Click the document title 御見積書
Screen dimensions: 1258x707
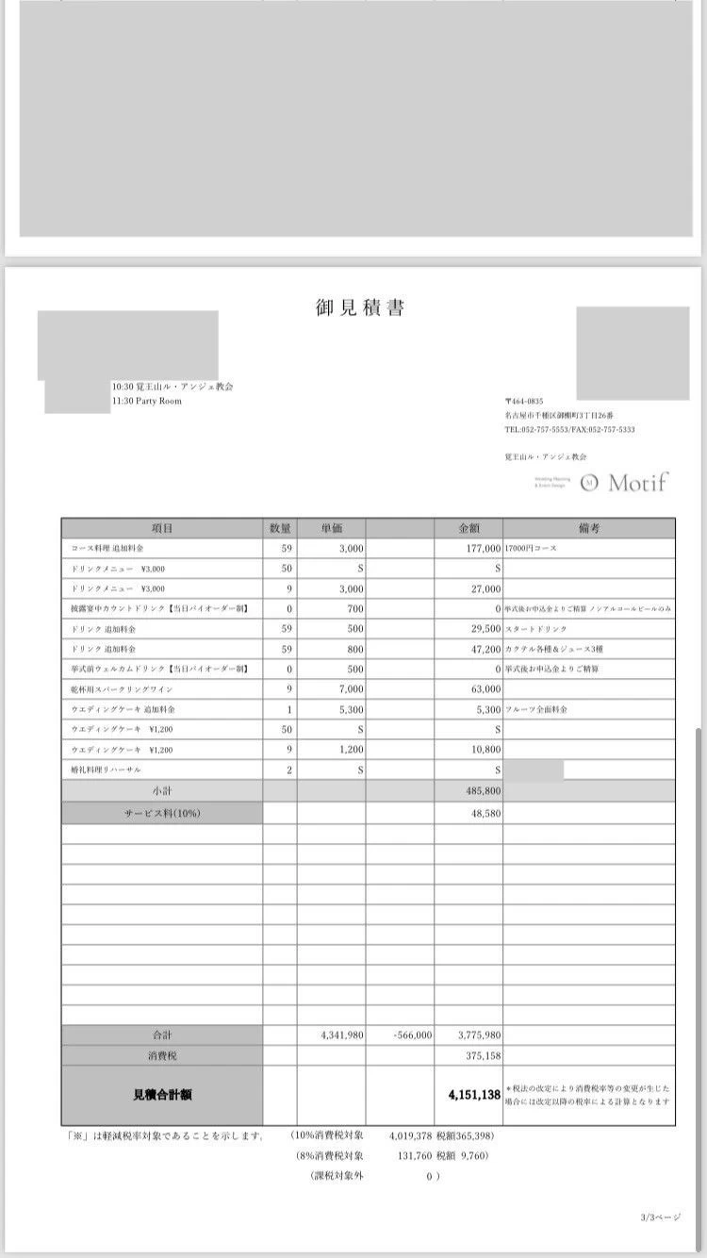click(360, 308)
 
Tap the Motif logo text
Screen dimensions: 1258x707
click(638, 483)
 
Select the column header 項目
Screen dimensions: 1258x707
click(162, 528)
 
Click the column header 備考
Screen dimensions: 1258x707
click(589, 528)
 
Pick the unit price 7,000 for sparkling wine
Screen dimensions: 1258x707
click(349, 687)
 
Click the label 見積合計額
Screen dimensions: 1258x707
click(162, 1095)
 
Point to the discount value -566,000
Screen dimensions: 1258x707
click(412, 1035)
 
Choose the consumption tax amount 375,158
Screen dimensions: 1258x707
click(482, 1055)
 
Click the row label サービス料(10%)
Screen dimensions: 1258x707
click(162, 812)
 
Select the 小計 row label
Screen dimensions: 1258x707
click(162, 790)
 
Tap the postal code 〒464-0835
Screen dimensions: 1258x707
click(524, 401)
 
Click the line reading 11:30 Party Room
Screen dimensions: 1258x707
click(147, 401)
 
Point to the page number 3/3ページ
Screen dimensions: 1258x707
click(659, 1217)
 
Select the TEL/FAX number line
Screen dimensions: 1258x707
click(569, 429)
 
